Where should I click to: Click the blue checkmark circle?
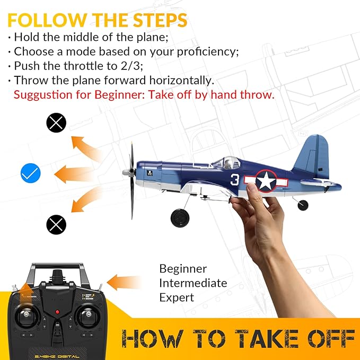[30, 173]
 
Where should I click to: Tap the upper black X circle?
[56, 123]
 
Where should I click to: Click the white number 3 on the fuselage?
[235, 180]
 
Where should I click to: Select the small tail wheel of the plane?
[303, 205]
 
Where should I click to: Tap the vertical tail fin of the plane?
[313, 156]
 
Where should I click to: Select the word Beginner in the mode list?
[183, 269]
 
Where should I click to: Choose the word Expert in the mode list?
[177, 297]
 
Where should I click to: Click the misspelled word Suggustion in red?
[43, 95]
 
